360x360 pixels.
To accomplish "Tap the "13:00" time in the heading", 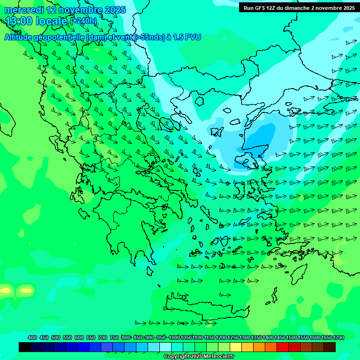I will point(19,21).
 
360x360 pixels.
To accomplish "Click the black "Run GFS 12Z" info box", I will point(298,7).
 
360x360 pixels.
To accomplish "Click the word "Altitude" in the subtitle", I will point(22,37).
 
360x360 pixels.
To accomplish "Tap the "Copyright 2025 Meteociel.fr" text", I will point(199,357).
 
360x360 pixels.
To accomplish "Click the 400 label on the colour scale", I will point(32,337).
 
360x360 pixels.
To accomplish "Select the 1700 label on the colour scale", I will point(338,337).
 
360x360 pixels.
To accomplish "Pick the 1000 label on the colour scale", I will point(174,337).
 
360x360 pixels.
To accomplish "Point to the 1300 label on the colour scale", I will point(245,337).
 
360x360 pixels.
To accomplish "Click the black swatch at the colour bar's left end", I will point(25,347).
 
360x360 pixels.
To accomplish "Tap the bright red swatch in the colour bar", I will point(283,347).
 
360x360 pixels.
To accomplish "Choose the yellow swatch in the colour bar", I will point(236,347).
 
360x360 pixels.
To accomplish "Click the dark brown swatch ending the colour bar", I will point(330,347).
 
